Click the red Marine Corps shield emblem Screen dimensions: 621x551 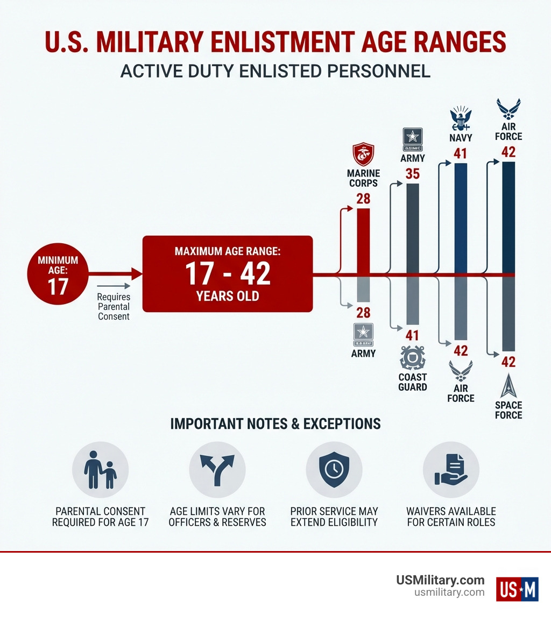tap(363, 154)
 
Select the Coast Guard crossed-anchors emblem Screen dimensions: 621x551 tap(413, 357)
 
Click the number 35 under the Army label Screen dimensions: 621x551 tap(413, 174)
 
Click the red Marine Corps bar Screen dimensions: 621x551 tap(363, 241)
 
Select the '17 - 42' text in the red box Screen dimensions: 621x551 tap(228, 273)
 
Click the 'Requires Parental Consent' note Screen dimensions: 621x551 tap(114, 307)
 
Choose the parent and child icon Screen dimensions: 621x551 tap(101, 470)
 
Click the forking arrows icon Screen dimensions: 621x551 tap(217, 470)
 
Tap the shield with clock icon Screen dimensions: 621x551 tap(334, 470)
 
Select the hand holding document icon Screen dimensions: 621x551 tap(451, 470)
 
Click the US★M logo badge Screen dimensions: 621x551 tap(517, 588)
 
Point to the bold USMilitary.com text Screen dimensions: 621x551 tap(440, 580)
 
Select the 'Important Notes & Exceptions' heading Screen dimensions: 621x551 tap(275, 424)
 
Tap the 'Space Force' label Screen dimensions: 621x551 tap(508, 410)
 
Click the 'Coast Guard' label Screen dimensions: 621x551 tap(413, 382)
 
